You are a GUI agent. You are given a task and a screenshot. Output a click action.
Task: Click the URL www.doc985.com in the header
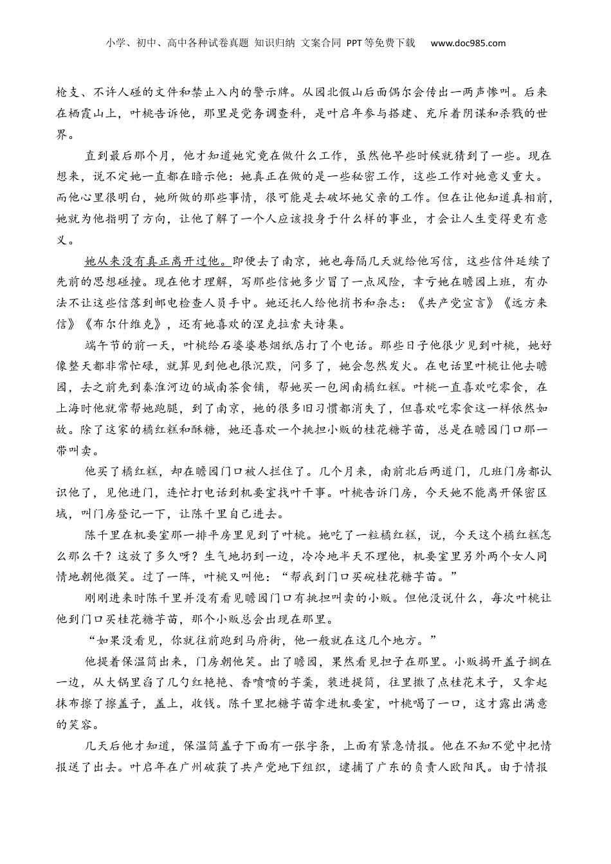coord(468,43)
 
